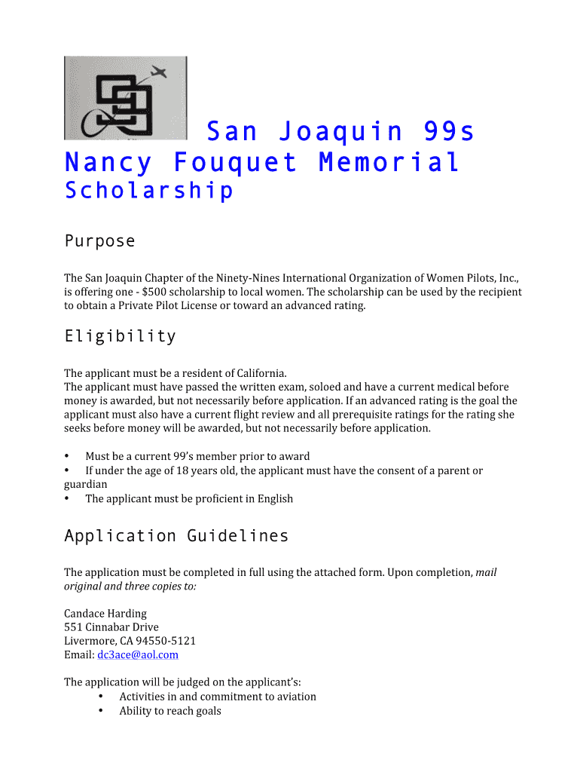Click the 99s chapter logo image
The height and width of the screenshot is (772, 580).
(125, 98)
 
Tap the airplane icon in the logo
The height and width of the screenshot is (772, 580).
(159, 73)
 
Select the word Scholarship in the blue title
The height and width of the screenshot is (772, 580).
(149, 191)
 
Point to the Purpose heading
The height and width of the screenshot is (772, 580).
(99, 241)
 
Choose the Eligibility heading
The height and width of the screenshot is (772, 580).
(120, 336)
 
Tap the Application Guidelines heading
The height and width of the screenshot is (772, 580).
(176, 536)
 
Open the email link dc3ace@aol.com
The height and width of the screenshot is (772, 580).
(138, 655)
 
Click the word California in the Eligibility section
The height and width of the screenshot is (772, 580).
(260, 372)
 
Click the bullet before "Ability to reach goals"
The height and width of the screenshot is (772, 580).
(101, 711)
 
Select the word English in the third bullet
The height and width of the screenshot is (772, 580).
(275, 498)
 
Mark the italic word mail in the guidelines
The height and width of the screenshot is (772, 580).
(486, 572)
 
